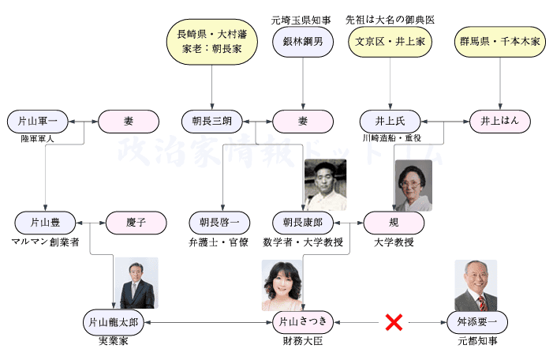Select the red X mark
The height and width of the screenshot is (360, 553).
tap(394, 322)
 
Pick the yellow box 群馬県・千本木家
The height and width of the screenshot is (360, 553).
tap(500, 42)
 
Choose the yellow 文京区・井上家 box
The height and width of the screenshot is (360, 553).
tap(390, 42)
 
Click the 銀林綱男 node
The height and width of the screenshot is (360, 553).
tap(303, 42)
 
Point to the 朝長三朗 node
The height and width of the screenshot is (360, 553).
tap(212, 122)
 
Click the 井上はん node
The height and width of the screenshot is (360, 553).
tap(500, 122)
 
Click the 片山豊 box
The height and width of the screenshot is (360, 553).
tap(45, 222)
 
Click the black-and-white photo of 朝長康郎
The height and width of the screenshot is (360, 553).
tap(325, 185)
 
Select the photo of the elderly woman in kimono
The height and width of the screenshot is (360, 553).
tap(413, 185)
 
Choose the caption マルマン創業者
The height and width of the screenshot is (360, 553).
tap(45, 241)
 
